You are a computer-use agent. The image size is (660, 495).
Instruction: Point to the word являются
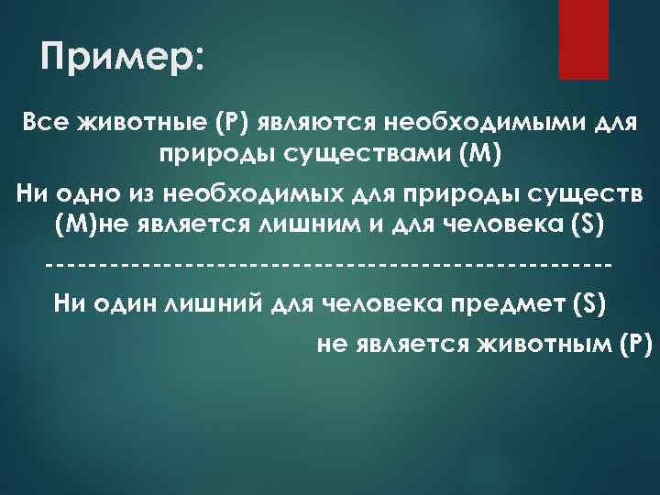coord(307,123)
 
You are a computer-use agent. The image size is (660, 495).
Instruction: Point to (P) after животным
coord(635,345)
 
